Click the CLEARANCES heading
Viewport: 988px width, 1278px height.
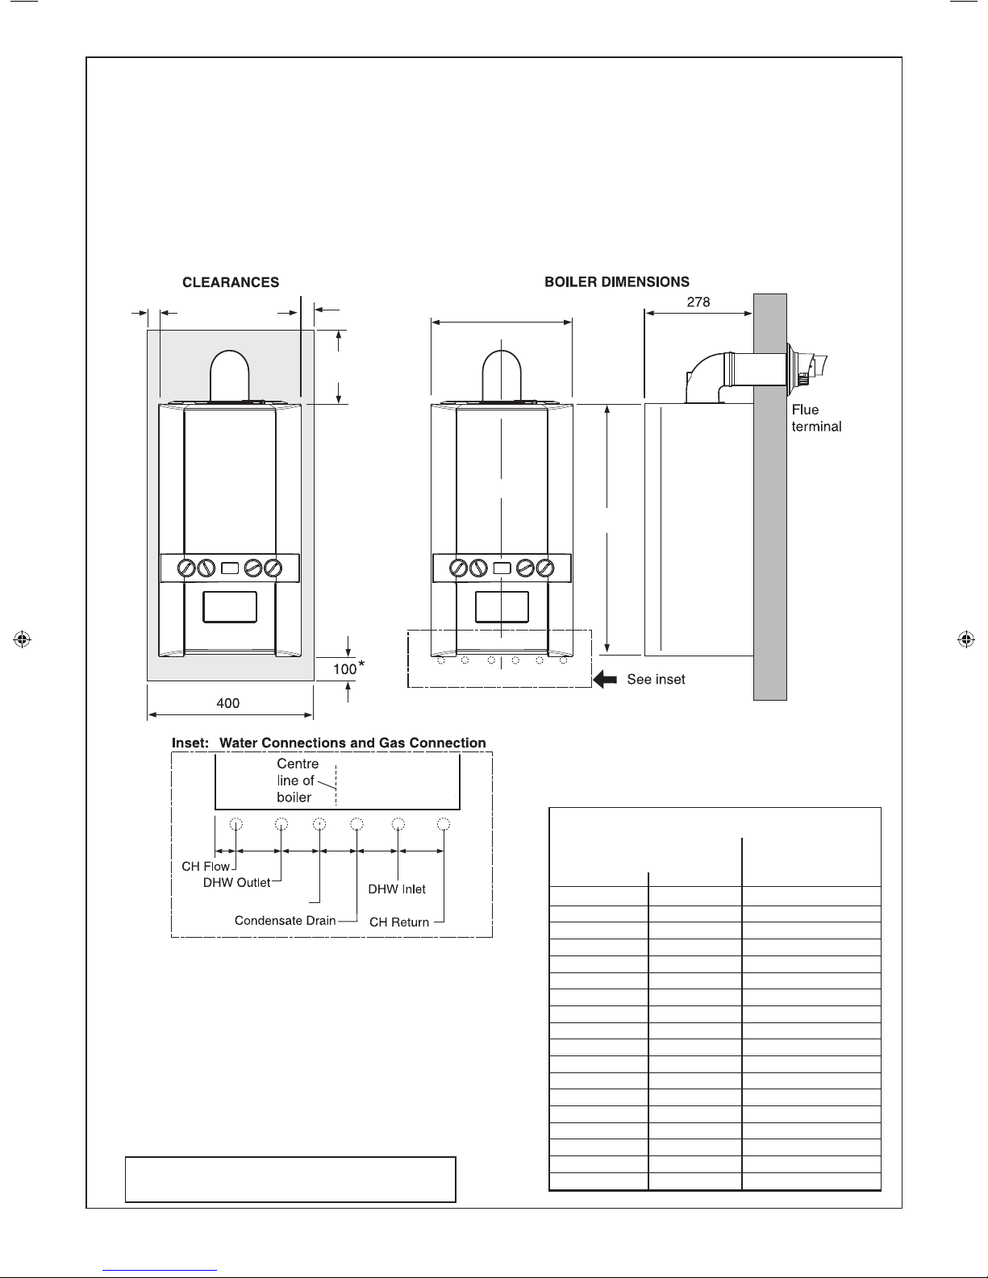(x=231, y=282)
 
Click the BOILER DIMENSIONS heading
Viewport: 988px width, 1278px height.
(x=617, y=281)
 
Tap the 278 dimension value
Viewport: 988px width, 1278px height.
(x=698, y=302)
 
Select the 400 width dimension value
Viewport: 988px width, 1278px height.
(x=227, y=703)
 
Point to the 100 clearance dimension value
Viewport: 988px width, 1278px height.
(x=344, y=669)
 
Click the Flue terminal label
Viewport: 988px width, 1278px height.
(x=816, y=418)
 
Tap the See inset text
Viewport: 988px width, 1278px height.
(x=656, y=679)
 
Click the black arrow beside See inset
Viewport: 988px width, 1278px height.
(x=605, y=679)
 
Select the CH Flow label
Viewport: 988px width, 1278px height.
(x=205, y=866)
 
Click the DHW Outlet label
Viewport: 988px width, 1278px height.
(x=236, y=883)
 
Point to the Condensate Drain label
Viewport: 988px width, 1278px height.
(x=286, y=921)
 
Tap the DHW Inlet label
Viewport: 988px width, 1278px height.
(x=397, y=889)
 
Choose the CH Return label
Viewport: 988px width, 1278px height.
(x=399, y=922)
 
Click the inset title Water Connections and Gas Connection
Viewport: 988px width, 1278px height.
(x=353, y=743)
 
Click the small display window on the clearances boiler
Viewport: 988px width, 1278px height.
(x=230, y=568)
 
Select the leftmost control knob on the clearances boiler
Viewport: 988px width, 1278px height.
(x=186, y=568)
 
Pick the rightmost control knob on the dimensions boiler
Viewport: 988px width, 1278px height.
(x=545, y=568)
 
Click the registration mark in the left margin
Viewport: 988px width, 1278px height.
(x=22, y=639)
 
